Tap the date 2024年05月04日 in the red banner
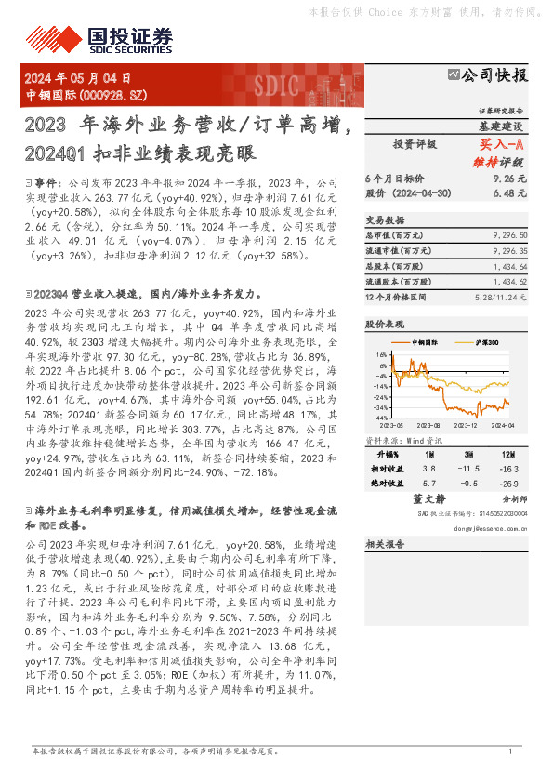click(x=78, y=78)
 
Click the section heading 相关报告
click(x=384, y=544)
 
